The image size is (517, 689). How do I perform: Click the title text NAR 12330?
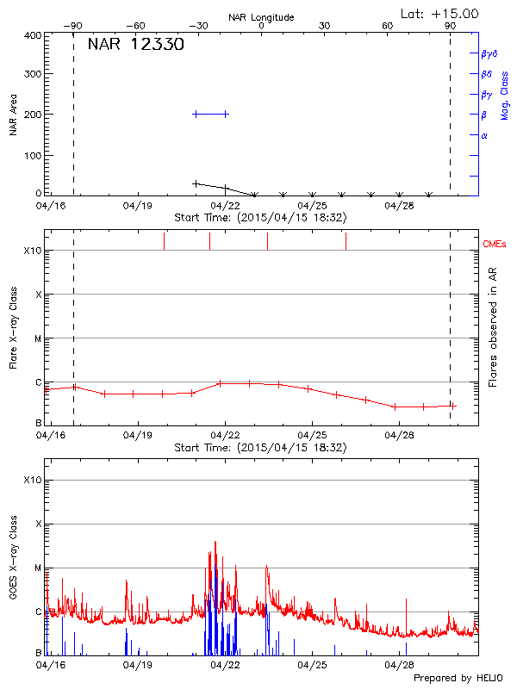135,45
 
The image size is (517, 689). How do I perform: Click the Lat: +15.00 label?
440,13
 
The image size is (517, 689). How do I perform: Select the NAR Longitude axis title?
261,17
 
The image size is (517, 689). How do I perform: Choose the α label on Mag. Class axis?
484,135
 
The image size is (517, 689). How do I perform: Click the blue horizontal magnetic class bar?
210,114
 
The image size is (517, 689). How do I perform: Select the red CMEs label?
495,245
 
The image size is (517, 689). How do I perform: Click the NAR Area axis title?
14,115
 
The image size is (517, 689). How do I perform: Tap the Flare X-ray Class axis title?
14,326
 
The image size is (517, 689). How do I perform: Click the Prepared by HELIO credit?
458,678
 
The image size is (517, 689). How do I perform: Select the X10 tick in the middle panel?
32,251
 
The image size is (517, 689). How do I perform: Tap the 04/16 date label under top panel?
50,207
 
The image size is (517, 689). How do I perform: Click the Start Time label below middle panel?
260,448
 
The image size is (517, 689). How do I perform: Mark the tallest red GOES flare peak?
215,543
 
